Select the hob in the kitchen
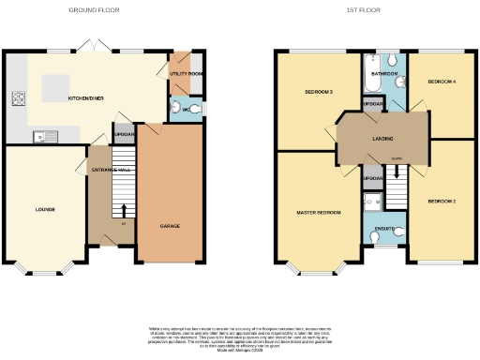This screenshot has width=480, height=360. [x=17, y=97]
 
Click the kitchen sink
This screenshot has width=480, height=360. [x=42, y=138]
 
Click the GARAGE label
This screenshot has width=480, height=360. [x=170, y=226]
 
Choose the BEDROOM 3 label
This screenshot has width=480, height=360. [x=319, y=92]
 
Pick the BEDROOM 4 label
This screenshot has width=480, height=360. [x=442, y=82]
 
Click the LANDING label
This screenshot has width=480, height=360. [x=382, y=139]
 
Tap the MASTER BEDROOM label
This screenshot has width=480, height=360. [x=319, y=213]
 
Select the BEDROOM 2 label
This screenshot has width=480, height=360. [x=441, y=202]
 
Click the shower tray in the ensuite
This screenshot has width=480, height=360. [x=371, y=201]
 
